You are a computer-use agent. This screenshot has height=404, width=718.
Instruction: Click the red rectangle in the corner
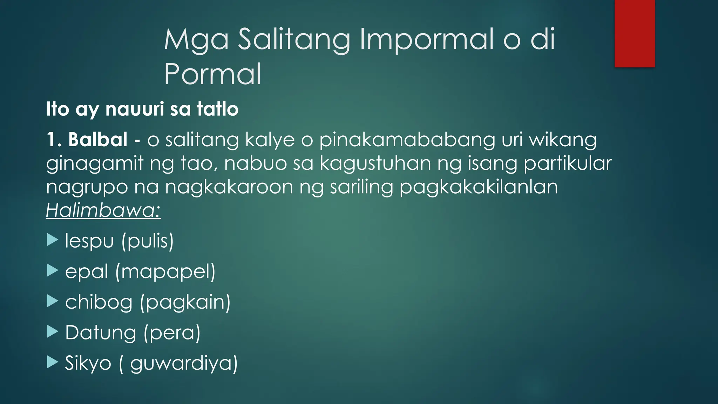[x=635, y=34]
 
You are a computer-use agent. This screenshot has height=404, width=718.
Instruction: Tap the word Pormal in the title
[x=212, y=74]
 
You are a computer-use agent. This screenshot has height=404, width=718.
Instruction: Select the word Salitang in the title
[x=294, y=39]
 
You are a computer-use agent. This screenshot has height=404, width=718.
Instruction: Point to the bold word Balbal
[x=98, y=140]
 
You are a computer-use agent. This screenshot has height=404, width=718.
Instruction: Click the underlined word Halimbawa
[x=103, y=210]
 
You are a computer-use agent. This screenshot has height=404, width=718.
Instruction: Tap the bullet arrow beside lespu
[x=52, y=240]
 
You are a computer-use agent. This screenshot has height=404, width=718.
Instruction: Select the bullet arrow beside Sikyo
[x=52, y=362]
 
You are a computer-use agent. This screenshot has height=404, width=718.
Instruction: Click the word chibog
[x=99, y=302]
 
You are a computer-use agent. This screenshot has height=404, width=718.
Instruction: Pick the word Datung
[x=101, y=332]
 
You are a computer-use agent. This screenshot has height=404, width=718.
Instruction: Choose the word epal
[x=87, y=271]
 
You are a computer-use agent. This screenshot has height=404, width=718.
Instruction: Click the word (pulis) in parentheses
[x=148, y=241]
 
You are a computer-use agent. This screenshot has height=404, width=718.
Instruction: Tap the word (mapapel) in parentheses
[x=165, y=272]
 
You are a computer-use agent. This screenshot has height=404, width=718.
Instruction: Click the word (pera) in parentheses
[x=172, y=333]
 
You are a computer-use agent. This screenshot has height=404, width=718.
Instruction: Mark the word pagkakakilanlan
[x=479, y=187]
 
